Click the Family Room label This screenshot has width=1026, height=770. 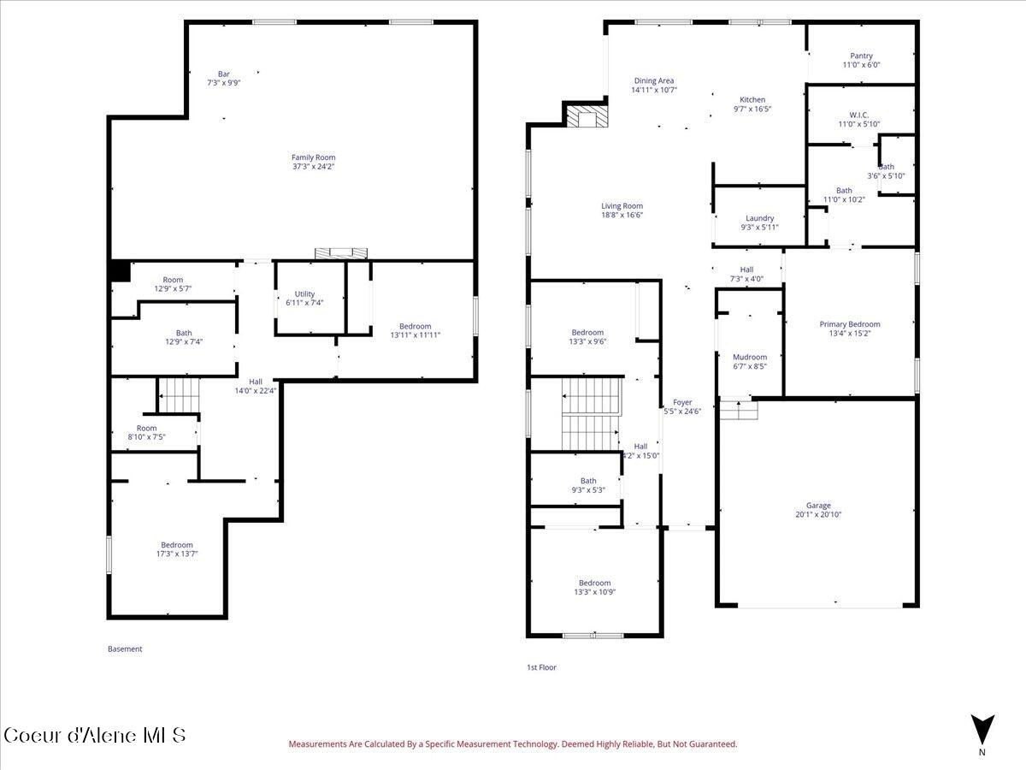313,157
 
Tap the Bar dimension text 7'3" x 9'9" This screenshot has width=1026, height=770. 224,83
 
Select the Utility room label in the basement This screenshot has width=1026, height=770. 304,294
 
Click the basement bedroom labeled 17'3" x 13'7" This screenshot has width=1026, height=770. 177,545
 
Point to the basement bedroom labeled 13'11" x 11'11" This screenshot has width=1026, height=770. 415,326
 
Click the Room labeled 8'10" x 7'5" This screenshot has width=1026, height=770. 146,429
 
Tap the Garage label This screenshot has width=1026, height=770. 818,506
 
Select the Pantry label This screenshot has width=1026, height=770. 861,56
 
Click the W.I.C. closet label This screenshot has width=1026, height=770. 859,115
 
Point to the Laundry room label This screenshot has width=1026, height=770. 759,218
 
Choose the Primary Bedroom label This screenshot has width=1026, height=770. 849,324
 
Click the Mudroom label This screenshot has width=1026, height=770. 750,357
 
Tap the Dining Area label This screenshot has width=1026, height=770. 654,81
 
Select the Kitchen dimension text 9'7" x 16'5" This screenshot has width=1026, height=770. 752,109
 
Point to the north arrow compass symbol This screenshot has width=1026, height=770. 982,729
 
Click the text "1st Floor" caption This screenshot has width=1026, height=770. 541,667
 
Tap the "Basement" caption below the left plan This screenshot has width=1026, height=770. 125,649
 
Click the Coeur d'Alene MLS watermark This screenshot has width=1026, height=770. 94,735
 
